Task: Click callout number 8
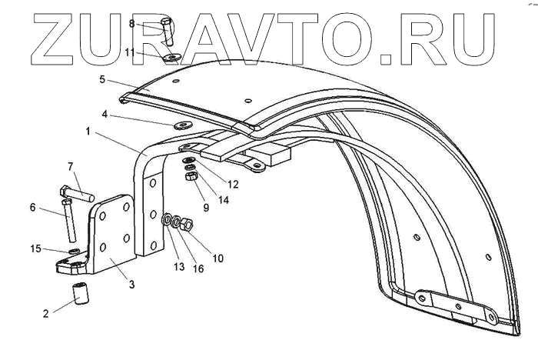[x=131, y=24]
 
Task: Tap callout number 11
[x=131, y=52]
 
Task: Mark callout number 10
[x=218, y=258]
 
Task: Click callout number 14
[x=224, y=199]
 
